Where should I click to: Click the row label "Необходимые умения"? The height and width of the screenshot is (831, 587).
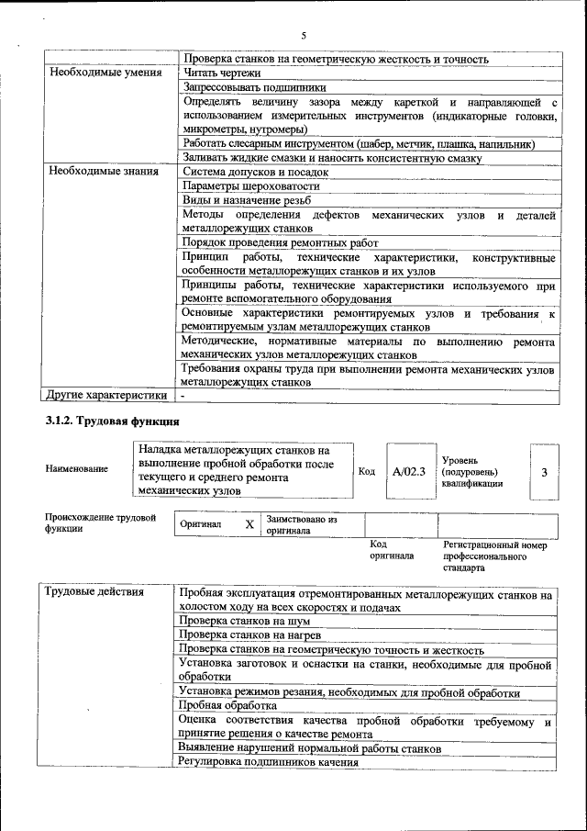105,73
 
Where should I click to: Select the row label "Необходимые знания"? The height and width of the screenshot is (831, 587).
104,171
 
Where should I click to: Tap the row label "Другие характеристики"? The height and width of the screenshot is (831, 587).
106,395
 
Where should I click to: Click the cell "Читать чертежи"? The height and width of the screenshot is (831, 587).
222,73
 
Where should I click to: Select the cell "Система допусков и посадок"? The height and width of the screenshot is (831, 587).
255,171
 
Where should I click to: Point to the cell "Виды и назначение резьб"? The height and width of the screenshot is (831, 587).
246,200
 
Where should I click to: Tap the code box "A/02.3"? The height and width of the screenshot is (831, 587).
408,471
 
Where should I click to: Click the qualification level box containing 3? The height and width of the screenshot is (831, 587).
545,471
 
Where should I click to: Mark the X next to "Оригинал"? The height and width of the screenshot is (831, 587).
249,523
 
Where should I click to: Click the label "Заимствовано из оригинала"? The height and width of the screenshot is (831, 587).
302,524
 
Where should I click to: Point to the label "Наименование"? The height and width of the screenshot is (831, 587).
76,469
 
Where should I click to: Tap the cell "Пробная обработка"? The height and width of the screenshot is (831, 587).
227,706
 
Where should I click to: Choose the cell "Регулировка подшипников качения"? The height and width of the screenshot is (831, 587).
267,762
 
